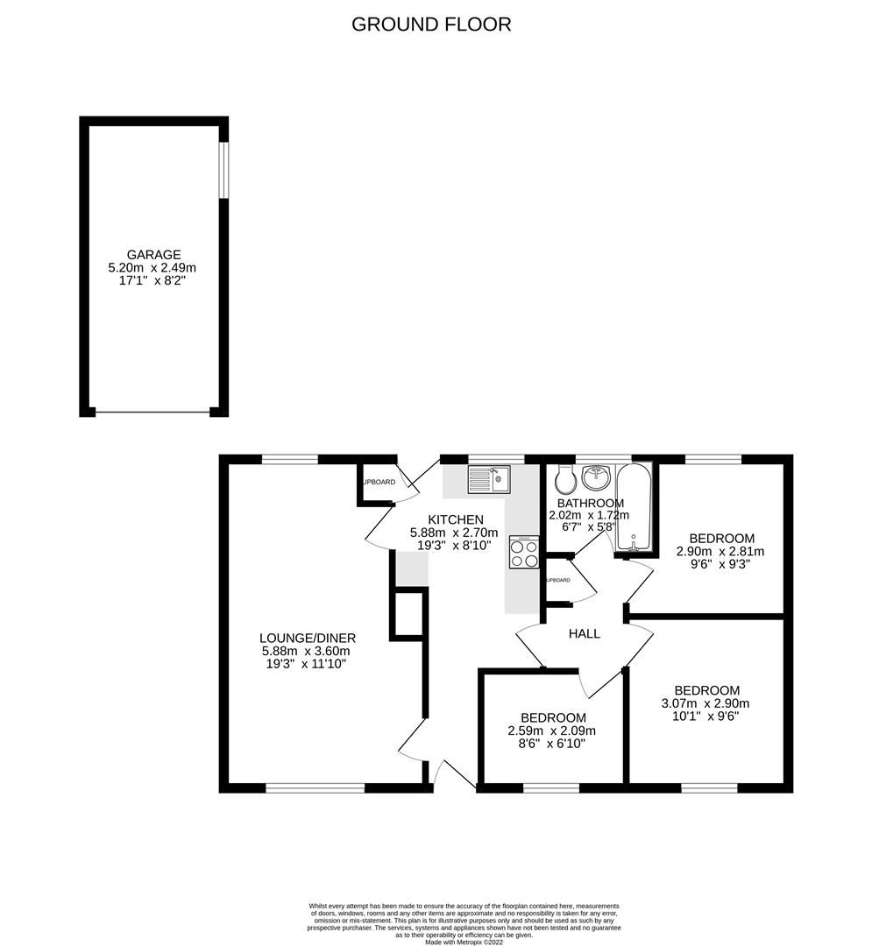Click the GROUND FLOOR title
click(431, 25)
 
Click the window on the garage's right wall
click(223, 170)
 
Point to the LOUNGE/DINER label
click(307, 638)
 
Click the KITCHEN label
click(455, 519)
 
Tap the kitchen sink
click(488, 480)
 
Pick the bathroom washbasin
click(598, 477)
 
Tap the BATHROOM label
click(591, 504)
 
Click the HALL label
click(584, 633)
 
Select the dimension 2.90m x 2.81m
click(720, 552)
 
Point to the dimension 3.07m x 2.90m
click(706, 703)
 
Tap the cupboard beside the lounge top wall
click(377, 484)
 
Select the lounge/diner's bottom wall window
click(315, 787)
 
